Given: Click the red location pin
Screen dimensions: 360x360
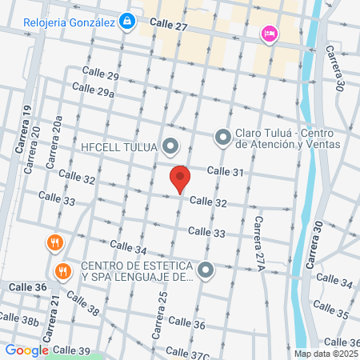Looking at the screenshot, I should [x=180, y=179].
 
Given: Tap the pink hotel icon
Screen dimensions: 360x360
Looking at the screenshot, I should [x=269, y=34].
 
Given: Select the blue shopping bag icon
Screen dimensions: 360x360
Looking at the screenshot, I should [x=126, y=21].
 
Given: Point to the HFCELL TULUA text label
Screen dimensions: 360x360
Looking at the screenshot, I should [x=121, y=146].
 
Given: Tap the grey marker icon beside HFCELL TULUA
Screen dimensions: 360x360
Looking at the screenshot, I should [x=170, y=146].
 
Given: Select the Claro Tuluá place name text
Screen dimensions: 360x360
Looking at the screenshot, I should [x=289, y=138].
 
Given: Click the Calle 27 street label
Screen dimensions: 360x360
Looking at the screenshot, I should [x=168, y=26].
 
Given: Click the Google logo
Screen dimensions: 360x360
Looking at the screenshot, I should [x=26, y=350].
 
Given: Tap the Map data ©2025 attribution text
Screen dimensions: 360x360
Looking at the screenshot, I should [x=324, y=353].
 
